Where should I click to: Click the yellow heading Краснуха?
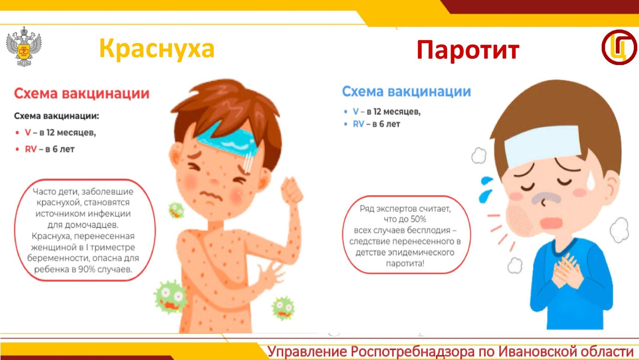tap(157, 49)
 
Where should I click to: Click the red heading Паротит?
tap(468, 50)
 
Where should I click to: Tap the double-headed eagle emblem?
tap(24, 46)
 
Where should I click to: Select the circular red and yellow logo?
tap(619, 47)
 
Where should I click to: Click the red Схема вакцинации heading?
tap(82, 93)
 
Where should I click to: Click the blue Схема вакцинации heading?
tap(407, 92)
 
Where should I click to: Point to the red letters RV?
tap(31, 149)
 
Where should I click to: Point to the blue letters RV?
tap(359, 124)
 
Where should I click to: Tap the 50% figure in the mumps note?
tap(418, 219)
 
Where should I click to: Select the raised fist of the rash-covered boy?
tap(292, 190)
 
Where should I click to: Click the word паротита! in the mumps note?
tap(405, 263)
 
